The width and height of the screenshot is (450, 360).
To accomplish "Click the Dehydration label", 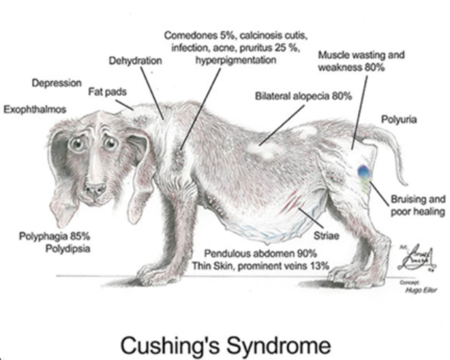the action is click(136, 61).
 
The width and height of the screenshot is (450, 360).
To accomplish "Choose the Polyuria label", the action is click(399, 120).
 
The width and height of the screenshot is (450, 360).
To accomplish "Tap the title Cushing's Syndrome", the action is click(225, 340).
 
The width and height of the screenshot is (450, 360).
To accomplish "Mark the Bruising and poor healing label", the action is click(417, 206).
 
